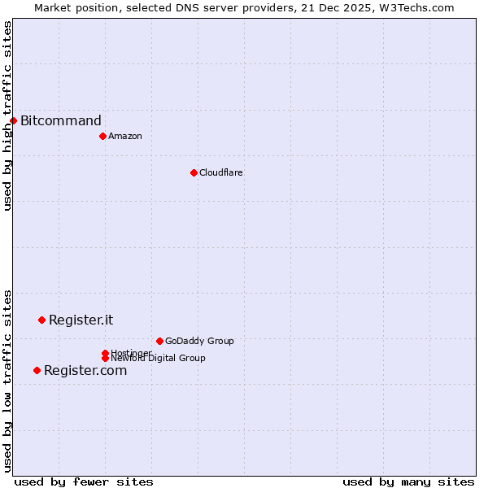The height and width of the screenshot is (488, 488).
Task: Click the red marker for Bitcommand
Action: [13, 120]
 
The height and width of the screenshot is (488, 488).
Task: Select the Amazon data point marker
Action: [102, 136]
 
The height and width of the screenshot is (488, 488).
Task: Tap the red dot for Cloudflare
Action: [194, 172]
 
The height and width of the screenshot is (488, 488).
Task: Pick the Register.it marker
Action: [41, 320]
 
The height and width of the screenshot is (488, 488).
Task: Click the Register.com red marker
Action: [37, 370]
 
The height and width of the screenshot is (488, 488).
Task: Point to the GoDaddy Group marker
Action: [159, 341]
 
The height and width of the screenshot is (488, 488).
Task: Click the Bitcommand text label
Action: [61, 121]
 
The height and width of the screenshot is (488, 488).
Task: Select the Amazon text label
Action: [125, 136]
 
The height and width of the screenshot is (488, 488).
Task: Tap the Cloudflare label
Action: [221, 172]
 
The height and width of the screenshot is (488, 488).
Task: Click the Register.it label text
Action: [81, 320]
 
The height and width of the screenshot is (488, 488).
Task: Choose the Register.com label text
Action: [85, 371]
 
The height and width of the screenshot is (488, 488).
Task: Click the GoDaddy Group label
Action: [199, 341]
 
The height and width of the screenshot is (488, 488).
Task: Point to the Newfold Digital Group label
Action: [158, 359]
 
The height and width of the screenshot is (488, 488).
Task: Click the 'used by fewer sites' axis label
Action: [84, 481]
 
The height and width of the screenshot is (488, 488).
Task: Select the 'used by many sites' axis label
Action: [408, 481]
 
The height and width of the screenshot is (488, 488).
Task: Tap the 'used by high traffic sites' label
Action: [7, 115]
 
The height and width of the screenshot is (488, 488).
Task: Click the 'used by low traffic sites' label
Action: [7, 381]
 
